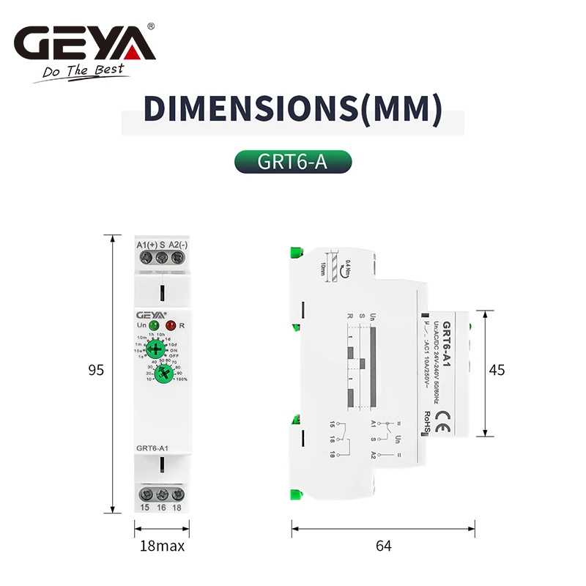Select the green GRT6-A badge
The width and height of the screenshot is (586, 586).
point(292,162)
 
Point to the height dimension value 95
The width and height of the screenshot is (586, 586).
point(96,371)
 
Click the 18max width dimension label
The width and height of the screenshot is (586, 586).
point(162,546)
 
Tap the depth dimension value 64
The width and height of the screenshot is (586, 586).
point(383,546)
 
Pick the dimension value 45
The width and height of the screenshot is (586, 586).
point(497,370)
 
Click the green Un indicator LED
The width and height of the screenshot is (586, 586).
point(154,325)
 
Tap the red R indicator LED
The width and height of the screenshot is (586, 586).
point(171,325)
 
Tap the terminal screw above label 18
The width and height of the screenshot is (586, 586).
point(177,494)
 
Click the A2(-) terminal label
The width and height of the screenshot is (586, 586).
point(179,244)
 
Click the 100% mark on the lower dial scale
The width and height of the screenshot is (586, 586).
point(180,379)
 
